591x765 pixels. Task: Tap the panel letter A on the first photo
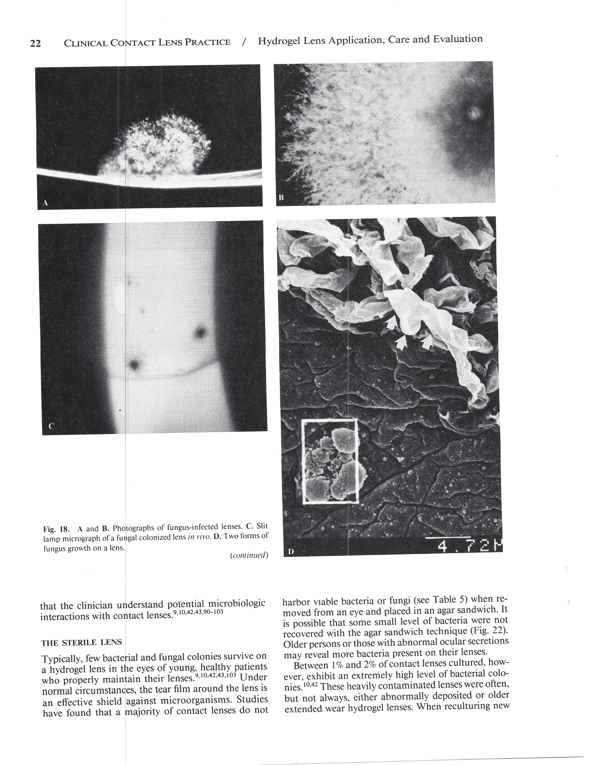pyautogui.click(x=45, y=203)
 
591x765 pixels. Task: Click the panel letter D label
pyautogui.click(x=291, y=552)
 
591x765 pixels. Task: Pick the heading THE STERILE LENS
pyautogui.click(x=81, y=643)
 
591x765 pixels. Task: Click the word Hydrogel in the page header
pyautogui.click(x=280, y=41)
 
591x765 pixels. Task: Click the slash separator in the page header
pyautogui.click(x=244, y=42)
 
